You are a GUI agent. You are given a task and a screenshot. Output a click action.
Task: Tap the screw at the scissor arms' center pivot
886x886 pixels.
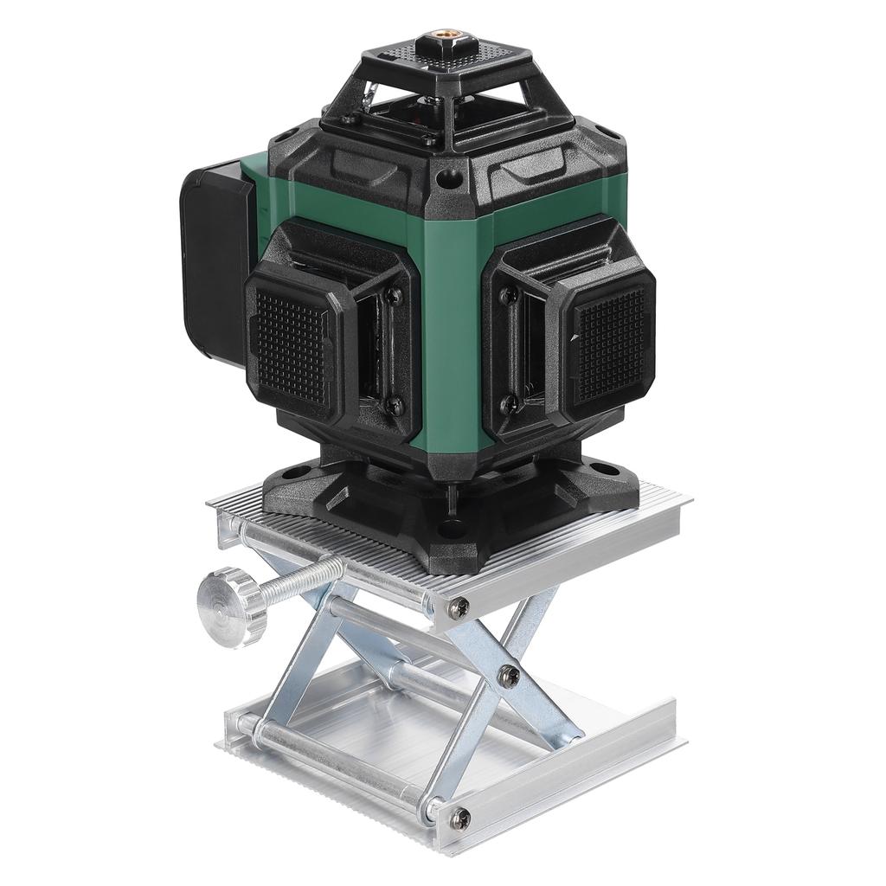510,676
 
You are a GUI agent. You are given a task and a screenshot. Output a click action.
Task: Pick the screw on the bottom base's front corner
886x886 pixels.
459,814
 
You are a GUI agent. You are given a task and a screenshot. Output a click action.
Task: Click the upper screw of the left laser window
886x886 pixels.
394,296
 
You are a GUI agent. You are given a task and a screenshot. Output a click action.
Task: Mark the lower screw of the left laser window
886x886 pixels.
393,404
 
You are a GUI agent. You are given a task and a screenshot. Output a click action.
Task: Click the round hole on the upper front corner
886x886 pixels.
446,180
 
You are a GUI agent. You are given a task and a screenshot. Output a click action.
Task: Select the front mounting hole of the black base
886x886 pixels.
447,528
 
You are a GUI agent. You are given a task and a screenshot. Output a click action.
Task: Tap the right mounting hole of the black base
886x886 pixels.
607,471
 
